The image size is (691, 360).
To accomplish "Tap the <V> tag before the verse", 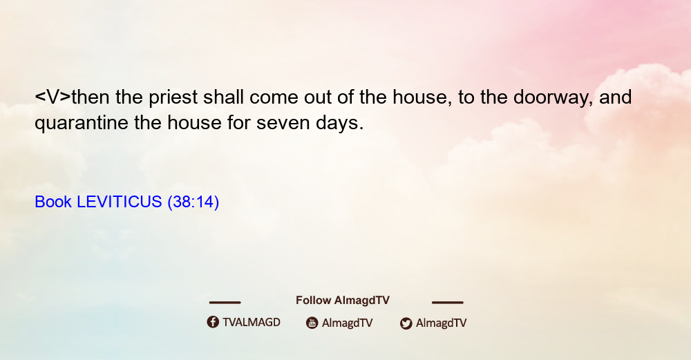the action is pyautogui.click(x=53, y=97).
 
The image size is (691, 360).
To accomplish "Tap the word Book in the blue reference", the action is pyautogui.click(x=53, y=202).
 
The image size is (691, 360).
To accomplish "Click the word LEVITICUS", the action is pyautogui.click(x=120, y=202).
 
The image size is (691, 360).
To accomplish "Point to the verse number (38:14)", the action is pyautogui.click(x=193, y=202).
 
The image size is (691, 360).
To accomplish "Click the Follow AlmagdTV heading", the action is pyautogui.click(x=343, y=301).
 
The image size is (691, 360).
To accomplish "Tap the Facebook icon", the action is pyautogui.click(x=213, y=322).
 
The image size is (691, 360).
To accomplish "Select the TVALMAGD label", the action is pyautogui.click(x=252, y=323).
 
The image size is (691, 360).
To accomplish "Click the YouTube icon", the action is pyautogui.click(x=312, y=323).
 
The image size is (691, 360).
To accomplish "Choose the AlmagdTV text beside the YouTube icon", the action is pyautogui.click(x=348, y=323).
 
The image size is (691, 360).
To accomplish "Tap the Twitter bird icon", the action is pyautogui.click(x=406, y=323).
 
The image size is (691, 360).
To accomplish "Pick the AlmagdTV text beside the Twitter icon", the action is pyautogui.click(x=441, y=323).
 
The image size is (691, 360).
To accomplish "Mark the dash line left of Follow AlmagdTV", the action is pyautogui.click(x=225, y=303).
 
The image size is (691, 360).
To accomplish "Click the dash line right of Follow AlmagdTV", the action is pyautogui.click(x=448, y=303).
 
